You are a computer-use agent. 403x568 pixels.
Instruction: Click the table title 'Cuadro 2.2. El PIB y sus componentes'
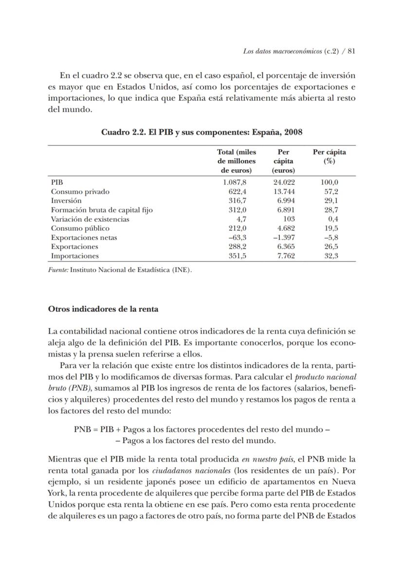pyautogui.click(x=202, y=132)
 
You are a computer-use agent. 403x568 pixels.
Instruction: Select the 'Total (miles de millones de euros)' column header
pyautogui.click(x=237, y=161)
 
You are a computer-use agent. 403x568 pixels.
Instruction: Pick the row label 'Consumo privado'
pyautogui.click(x=80, y=192)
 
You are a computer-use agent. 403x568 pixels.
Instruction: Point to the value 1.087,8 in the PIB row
pyautogui.click(x=235, y=182)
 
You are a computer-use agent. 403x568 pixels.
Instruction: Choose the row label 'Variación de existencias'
pyautogui.click(x=90, y=219)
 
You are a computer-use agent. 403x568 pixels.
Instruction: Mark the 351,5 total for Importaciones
pyautogui.click(x=237, y=256)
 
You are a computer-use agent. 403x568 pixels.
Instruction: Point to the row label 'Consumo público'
pyautogui.click(x=80, y=229)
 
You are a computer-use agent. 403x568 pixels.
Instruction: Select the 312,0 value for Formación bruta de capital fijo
pyautogui.click(x=237, y=210)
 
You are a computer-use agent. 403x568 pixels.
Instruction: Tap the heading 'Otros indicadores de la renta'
pyautogui.click(x=103, y=309)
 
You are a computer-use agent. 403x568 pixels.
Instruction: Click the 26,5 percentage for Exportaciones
pyautogui.click(x=331, y=247)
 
